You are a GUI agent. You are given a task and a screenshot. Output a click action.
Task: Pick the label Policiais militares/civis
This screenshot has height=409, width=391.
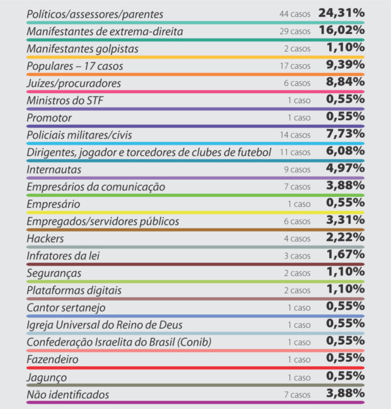(x=79, y=135)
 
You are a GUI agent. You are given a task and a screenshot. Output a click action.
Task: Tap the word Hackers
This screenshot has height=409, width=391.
(x=45, y=238)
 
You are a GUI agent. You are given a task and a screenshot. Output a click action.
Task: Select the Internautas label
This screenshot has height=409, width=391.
(x=54, y=169)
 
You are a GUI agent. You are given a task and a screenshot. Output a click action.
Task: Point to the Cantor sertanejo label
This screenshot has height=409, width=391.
(x=66, y=308)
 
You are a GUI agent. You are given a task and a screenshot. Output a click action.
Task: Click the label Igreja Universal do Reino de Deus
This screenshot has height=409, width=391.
(x=105, y=325)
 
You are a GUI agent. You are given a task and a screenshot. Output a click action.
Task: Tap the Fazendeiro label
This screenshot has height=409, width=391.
(x=53, y=360)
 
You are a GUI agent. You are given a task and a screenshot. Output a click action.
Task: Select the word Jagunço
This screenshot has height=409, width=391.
(x=47, y=378)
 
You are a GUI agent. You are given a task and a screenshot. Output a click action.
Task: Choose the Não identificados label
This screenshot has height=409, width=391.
(x=68, y=395)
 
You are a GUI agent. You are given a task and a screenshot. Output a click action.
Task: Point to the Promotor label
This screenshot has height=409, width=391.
(x=49, y=118)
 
